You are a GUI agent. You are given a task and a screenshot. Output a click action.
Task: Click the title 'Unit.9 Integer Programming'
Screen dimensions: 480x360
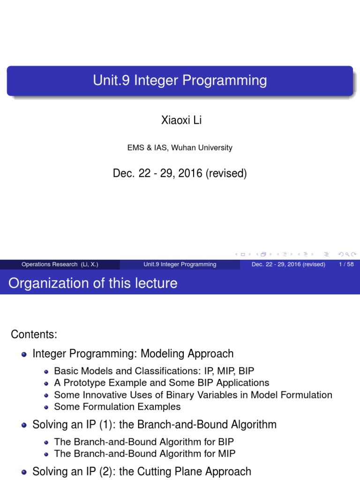180,81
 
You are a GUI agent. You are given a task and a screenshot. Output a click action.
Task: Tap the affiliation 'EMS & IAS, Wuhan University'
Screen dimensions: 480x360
180,148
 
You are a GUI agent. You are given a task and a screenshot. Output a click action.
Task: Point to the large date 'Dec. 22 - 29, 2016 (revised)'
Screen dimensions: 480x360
180,173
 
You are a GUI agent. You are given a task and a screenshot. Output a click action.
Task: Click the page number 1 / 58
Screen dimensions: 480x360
346,264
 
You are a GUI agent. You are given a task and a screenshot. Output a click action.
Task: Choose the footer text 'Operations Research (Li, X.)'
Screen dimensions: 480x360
60,264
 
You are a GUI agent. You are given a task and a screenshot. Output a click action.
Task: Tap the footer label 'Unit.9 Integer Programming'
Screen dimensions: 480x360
180,264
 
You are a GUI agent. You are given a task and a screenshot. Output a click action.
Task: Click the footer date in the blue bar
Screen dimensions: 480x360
288,264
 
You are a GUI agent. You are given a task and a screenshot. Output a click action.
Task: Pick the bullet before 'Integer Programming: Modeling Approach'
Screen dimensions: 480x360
24,354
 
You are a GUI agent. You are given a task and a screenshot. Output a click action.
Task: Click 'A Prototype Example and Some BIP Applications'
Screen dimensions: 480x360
162,382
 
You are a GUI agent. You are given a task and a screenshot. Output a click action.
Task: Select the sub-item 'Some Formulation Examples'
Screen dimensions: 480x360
117,407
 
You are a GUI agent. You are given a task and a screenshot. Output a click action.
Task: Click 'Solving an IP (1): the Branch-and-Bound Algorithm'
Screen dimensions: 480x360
154,425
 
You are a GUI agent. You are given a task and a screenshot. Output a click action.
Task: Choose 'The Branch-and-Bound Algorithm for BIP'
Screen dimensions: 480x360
144,441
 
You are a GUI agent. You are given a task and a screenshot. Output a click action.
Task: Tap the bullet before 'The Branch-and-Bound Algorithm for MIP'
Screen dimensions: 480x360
46,454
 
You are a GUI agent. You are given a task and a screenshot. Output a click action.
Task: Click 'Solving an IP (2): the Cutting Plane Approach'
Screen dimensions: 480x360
142,471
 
